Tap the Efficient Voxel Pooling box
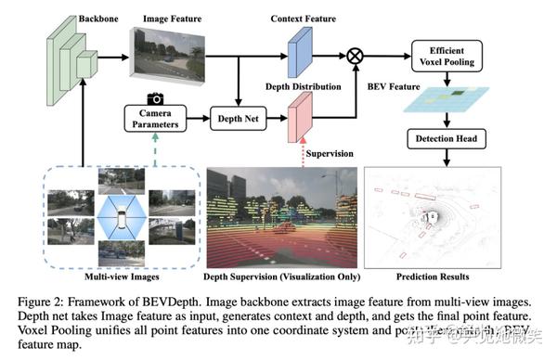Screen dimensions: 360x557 point(447,55)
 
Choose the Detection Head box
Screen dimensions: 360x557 point(447,140)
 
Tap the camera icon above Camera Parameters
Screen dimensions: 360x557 point(156,98)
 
